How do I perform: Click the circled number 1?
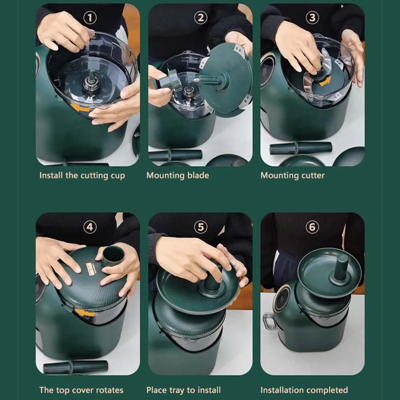(x=90, y=18)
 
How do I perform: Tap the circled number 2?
(x=201, y=18)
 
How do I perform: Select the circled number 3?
(x=312, y=18)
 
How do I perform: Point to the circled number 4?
(x=90, y=227)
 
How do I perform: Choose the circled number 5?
(x=201, y=227)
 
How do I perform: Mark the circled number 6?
(x=312, y=227)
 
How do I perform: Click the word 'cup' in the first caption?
(x=118, y=176)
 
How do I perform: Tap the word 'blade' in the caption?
(x=198, y=175)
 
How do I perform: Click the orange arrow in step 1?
(x=80, y=108)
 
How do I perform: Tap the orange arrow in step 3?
(x=325, y=81)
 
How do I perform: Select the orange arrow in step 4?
(x=84, y=313)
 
